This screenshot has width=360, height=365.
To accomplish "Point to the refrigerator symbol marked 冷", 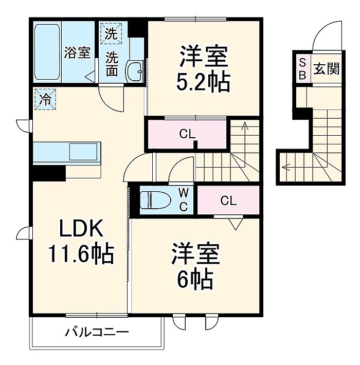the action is point(45,99).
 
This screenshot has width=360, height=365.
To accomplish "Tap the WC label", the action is point(184,199).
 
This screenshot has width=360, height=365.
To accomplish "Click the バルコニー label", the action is point(96,332).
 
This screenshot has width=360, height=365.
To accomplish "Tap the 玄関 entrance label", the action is point(327,68).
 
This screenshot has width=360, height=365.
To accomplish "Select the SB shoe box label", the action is point(302,68).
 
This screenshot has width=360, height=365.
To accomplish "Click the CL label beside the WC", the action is point(228,200).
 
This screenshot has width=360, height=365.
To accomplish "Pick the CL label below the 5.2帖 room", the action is point(187,135).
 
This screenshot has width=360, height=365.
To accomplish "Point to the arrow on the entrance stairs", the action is point(286,166).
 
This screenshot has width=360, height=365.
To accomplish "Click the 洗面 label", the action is point(112,64).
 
